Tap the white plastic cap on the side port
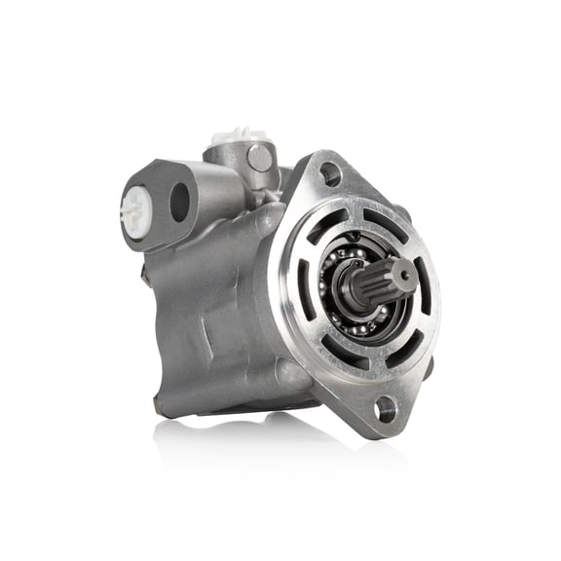click(132, 206)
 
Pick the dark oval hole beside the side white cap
click(179, 202)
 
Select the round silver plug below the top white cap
click(257, 156)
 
